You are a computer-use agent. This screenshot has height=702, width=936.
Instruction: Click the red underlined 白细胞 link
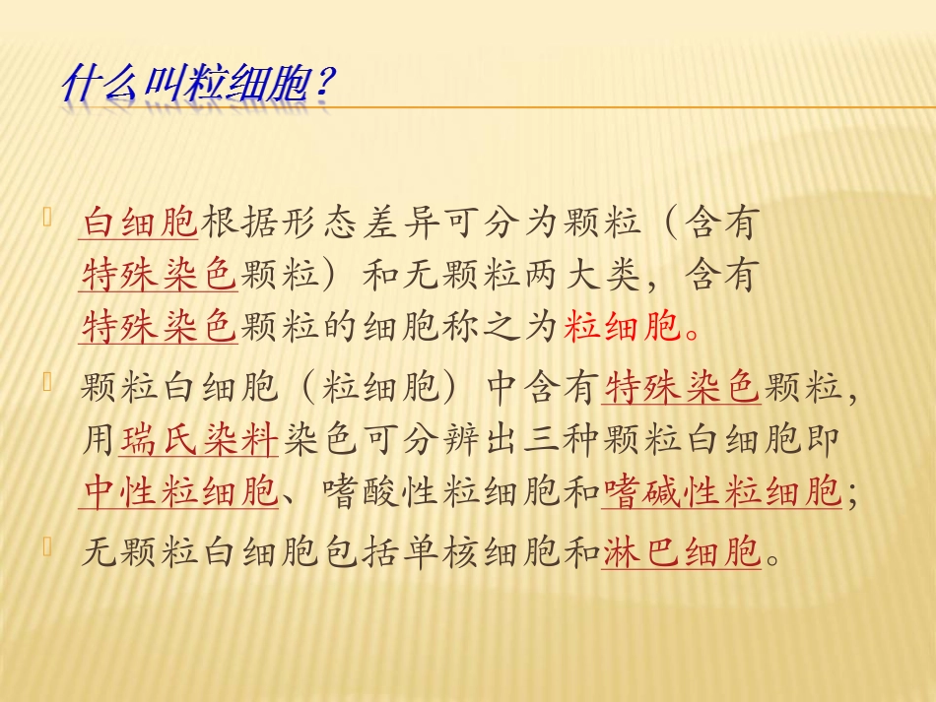coord(140,224)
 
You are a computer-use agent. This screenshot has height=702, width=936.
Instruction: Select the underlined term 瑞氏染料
coord(199,440)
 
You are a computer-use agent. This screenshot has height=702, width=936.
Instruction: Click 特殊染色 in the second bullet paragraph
coord(682,390)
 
